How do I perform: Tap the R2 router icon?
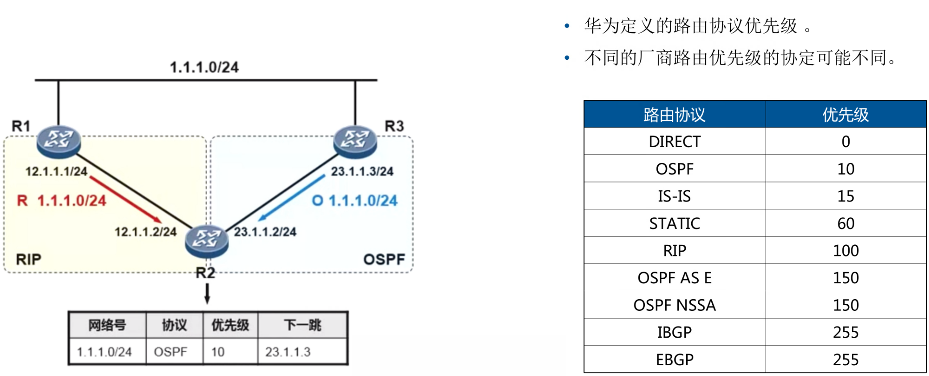(207, 241)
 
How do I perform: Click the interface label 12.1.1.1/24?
(56, 171)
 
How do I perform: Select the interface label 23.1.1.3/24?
(362, 171)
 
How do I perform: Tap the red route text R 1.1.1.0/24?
(62, 201)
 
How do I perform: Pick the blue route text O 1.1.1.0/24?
(355, 201)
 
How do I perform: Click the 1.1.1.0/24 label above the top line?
(204, 67)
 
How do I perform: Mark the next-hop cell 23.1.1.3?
(288, 352)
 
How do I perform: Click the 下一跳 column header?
(303, 325)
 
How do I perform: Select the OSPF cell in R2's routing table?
(170, 352)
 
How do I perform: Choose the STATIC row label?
(674, 223)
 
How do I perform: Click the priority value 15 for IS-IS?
(846, 196)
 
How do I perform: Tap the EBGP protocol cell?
(674, 359)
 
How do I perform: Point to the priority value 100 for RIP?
(846, 251)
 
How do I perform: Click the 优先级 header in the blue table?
(846, 115)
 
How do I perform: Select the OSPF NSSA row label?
(674, 305)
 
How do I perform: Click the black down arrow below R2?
(207, 293)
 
